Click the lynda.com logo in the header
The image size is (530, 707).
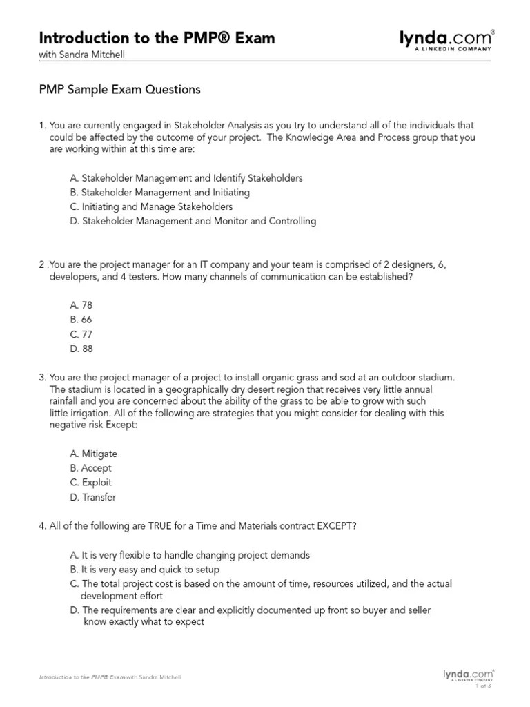tap(447, 40)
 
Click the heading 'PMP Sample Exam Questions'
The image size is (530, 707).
tap(119, 89)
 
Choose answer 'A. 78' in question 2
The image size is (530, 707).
tap(81, 304)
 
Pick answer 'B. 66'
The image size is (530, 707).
tap(81, 320)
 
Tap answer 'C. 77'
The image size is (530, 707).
tap(81, 334)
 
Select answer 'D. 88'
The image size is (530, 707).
tap(81, 349)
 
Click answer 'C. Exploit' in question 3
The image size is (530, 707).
tap(90, 483)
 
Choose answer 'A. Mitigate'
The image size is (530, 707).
tap(93, 454)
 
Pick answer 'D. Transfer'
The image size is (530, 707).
tap(92, 497)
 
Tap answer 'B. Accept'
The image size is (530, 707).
tap(90, 468)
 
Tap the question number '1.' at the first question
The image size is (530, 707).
tap(43, 125)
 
